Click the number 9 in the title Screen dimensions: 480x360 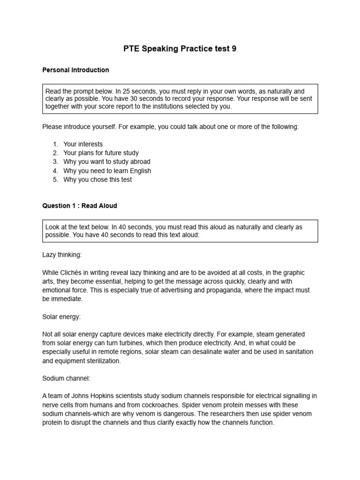[234, 49]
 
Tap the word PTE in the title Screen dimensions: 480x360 [132, 49]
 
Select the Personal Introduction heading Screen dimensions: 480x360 [75, 70]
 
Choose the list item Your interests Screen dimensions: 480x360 [83, 144]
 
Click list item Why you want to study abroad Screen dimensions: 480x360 [107, 162]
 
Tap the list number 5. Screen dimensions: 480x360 [55, 180]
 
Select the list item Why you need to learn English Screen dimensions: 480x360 [107, 171]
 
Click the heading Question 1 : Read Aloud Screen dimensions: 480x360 [80, 205]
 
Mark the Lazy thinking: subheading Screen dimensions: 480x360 [62, 255]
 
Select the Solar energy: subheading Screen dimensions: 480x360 [61, 316]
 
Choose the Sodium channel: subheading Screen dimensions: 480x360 [65, 378]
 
